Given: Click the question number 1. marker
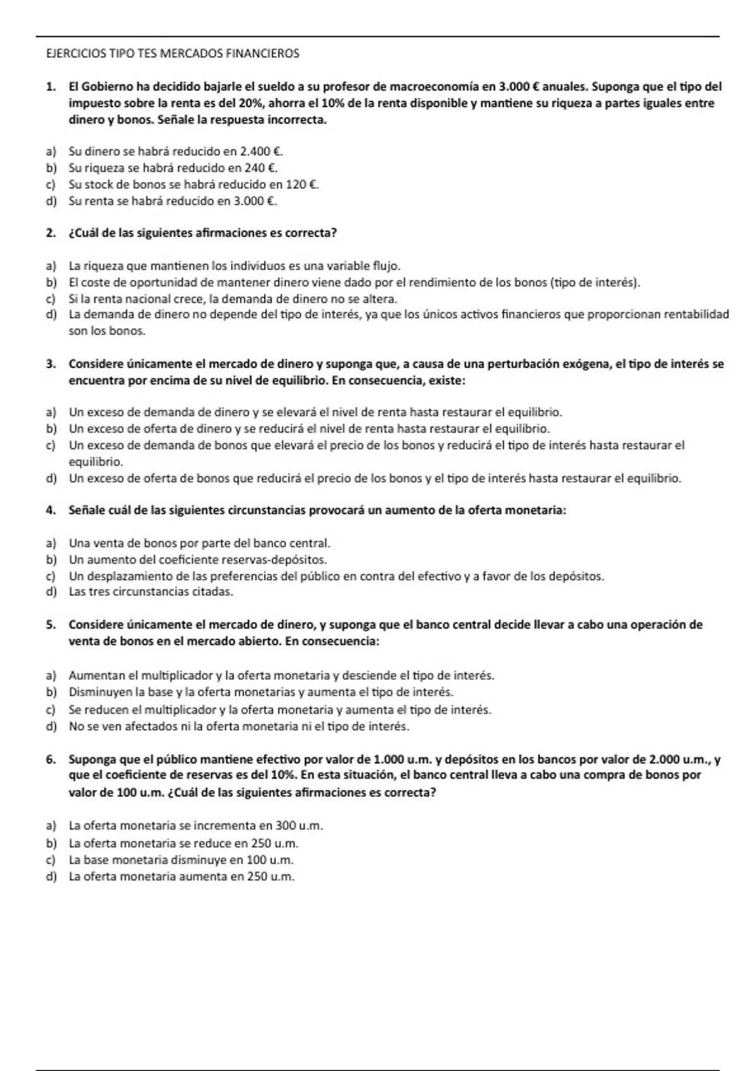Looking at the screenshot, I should [x=50, y=87].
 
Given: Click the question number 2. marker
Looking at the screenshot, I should [x=50, y=233].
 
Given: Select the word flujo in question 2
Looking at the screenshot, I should [x=386, y=266].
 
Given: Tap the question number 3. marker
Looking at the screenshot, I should [x=50, y=364].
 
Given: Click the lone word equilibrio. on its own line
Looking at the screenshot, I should [x=96, y=462].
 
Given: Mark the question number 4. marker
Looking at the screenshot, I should [x=50, y=510].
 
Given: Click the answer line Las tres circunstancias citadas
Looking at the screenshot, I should [x=151, y=592].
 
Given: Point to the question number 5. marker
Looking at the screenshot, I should [x=50, y=625].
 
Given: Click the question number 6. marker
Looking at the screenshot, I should [x=50, y=760].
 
